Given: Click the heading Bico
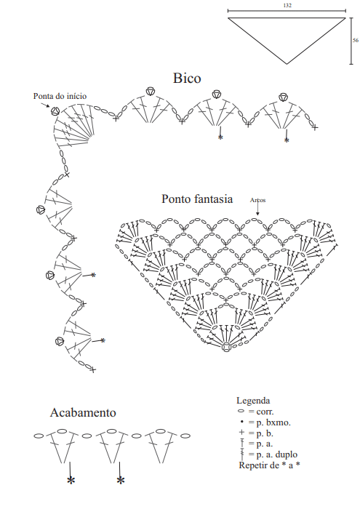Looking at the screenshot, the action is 187,78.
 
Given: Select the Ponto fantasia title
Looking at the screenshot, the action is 197,199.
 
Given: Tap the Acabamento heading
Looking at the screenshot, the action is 83,412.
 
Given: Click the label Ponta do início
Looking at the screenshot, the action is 60,96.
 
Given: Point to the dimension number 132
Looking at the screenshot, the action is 287,5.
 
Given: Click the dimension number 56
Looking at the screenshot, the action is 356,41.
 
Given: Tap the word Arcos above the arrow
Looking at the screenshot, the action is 257,200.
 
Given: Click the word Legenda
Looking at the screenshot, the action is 253,401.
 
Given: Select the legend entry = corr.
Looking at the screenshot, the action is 261,412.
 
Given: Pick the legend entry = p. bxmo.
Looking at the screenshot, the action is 269,422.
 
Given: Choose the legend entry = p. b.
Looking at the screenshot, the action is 260,433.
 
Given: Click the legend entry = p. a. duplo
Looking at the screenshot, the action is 273,454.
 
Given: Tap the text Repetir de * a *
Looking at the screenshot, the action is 269,465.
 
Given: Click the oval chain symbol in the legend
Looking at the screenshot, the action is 241,411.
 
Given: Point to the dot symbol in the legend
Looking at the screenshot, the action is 241,422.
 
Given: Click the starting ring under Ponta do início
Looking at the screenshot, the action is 55,111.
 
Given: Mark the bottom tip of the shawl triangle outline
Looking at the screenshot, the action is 287,64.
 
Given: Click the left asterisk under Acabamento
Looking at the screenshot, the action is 71,481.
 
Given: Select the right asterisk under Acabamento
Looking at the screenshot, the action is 121,481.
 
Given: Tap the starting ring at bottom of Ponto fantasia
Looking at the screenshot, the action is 226,347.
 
